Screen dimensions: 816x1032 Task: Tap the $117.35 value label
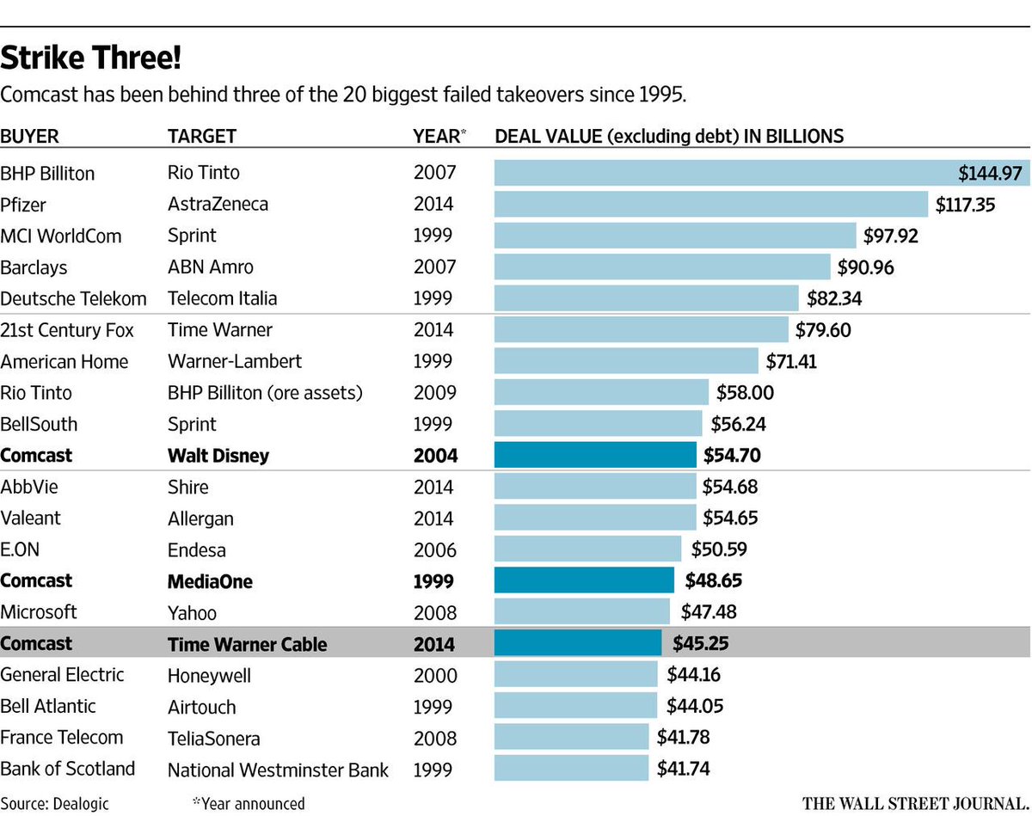pyautogui.click(x=967, y=205)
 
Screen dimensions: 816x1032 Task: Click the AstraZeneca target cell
pyautogui.click(x=218, y=205)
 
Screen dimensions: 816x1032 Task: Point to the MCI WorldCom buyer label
pyautogui.click(x=61, y=236)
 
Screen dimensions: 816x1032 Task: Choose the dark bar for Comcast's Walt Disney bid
pyautogui.click(x=595, y=455)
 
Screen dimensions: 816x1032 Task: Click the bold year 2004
pyautogui.click(x=435, y=456)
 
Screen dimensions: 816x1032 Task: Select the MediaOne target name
pyautogui.click(x=210, y=581)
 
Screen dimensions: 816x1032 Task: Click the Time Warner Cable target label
pyautogui.click(x=247, y=644)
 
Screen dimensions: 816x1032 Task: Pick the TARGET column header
pyautogui.click(x=201, y=136)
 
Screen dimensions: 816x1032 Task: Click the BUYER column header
pyautogui.click(x=30, y=136)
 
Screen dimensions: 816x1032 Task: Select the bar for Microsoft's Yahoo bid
pyautogui.click(x=581, y=612)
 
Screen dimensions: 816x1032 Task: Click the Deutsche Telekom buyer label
pyautogui.click(x=73, y=298)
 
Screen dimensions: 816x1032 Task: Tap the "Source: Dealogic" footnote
pyautogui.click(x=49, y=804)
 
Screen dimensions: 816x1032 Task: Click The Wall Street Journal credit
pyautogui.click(x=915, y=804)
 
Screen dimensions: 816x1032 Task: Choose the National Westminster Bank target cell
pyautogui.click(x=278, y=770)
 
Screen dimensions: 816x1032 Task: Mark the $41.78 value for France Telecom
pyautogui.click(x=683, y=738)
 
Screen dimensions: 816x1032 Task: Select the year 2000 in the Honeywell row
pyautogui.click(x=435, y=676)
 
